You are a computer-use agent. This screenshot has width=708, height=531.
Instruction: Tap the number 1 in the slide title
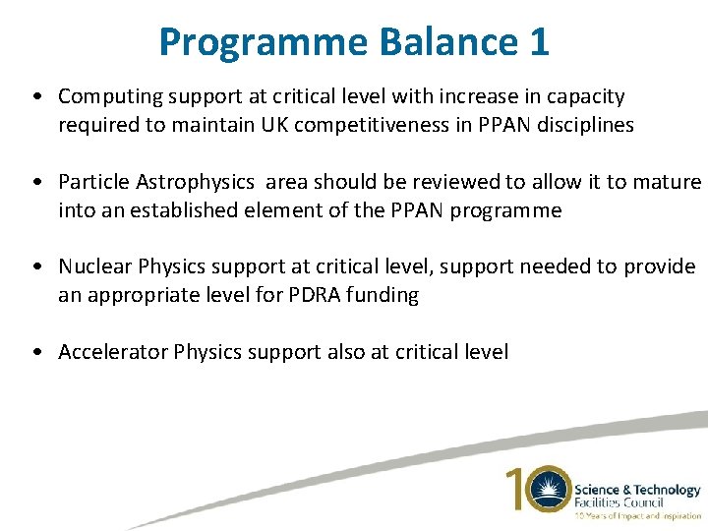[x=539, y=42]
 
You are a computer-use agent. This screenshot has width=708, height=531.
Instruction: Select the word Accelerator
[x=113, y=352]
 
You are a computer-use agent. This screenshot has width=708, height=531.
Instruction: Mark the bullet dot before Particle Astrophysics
[x=36, y=183]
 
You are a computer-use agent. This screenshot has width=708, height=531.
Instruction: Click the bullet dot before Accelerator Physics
[x=36, y=353]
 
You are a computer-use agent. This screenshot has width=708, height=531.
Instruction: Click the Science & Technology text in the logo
[x=636, y=489]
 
